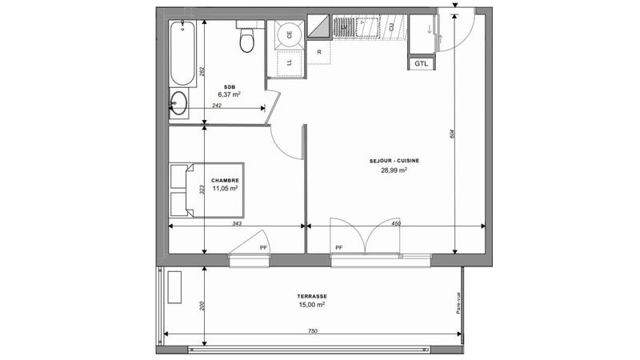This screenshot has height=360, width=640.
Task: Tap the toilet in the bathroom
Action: point(246,38)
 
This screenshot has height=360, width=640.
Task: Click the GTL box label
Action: point(422,63)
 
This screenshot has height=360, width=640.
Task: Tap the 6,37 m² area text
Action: point(229,94)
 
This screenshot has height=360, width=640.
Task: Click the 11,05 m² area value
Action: point(226,189)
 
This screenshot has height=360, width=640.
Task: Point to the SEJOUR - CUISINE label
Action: point(394,160)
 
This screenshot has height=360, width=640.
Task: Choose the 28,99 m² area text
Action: point(394,170)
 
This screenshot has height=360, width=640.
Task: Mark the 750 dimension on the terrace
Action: point(312,331)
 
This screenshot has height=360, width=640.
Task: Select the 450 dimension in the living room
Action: point(396,224)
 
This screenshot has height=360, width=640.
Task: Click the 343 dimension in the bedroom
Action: point(237,224)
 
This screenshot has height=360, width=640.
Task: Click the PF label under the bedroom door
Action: point(262,248)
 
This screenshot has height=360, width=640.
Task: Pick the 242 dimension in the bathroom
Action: point(217,106)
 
